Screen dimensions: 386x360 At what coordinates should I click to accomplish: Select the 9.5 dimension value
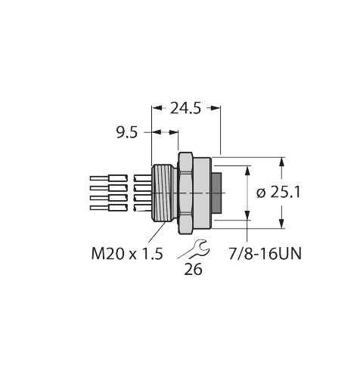pos(126,134)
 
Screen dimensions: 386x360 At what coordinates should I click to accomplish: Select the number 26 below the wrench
pos(193,270)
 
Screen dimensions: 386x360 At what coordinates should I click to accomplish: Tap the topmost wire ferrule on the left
pos(106,179)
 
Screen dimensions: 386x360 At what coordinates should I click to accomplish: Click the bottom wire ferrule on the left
pos(106,207)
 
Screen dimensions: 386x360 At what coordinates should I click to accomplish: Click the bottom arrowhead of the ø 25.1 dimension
pos(282,222)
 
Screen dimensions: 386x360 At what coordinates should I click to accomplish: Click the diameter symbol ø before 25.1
pos(261,193)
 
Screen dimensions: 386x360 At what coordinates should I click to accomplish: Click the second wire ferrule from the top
pos(106,188)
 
